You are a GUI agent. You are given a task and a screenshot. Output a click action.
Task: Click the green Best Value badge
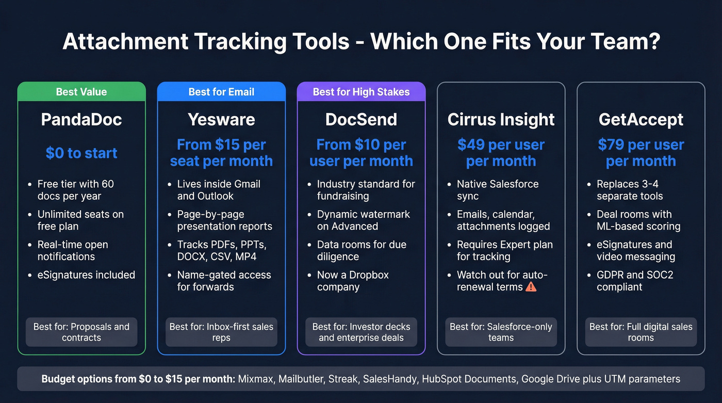tap(81, 92)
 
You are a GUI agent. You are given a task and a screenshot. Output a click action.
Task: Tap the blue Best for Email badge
tap(221, 92)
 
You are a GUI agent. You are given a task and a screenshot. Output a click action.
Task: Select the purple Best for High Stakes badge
tap(361, 92)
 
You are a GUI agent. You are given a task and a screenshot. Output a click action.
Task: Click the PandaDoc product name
tap(81, 120)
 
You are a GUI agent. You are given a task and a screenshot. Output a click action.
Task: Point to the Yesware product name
tap(221, 120)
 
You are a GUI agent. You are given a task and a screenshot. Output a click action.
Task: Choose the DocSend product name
tap(361, 120)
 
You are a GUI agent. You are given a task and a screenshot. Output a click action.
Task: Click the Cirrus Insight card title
tap(501, 120)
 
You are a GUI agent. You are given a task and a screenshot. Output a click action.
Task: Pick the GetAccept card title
tap(641, 120)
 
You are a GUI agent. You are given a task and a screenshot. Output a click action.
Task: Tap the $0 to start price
tap(81, 153)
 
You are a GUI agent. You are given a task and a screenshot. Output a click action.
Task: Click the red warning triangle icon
tap(531, 287)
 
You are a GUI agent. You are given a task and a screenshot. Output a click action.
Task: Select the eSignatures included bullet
tap(86, 275)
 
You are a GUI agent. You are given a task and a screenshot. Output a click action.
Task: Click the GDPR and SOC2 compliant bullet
tap(634, 281)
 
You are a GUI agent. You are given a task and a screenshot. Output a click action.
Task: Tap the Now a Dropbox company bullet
tap(352, 281)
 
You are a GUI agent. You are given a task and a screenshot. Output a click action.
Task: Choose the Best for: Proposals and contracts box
tap(81, 332)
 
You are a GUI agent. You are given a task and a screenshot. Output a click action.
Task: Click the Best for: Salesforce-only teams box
tap(501, 332)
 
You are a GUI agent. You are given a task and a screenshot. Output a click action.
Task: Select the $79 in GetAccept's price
tap(611, 145)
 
